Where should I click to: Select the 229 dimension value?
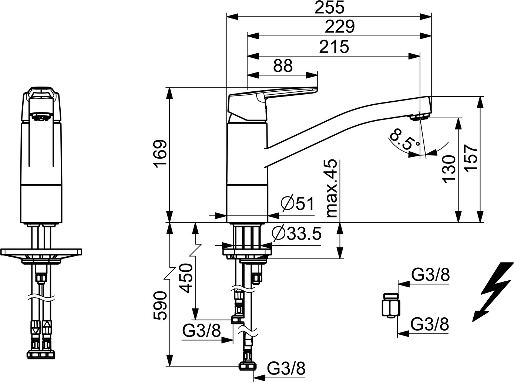tap(339, 27)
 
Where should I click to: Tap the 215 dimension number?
tap(334, 47)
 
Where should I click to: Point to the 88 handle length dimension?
tap(283, 66)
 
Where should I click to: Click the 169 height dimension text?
tap(160, 153)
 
